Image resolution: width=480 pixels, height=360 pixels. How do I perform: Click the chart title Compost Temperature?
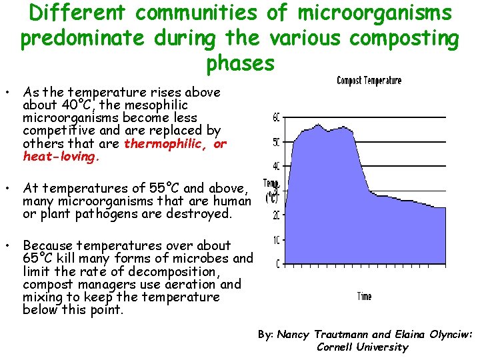pos(369,81)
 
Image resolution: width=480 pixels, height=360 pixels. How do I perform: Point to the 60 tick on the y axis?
pos(277,117)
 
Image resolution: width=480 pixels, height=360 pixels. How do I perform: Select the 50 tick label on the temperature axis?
pos(277,142)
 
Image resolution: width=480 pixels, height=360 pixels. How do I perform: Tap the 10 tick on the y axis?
pos(277,239)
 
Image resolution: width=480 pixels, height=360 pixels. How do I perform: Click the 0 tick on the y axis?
pos(278,263)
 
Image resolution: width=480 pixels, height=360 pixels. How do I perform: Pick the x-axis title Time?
pos(364,296)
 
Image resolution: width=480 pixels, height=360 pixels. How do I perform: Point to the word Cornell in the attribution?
pos(337,347)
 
